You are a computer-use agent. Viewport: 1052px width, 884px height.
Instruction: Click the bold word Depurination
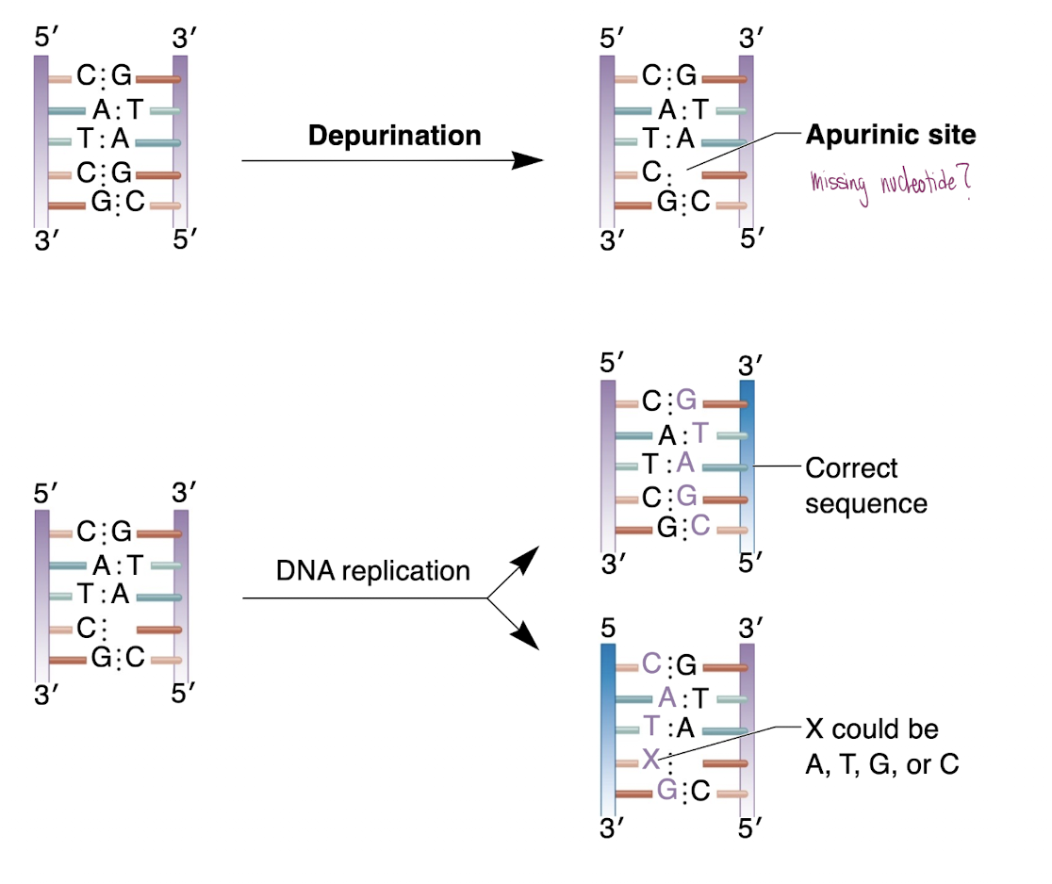pos(394,135)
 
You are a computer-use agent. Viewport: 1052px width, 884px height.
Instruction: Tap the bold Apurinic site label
pos(890,135)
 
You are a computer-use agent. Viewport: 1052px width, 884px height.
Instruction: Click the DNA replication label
pos(372,570)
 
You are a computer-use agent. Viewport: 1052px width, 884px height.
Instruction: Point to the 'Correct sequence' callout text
pos(865,485)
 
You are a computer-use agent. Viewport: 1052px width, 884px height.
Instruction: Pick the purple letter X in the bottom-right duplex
pos(650,760)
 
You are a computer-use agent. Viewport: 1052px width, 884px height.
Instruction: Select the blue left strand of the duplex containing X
pos(608,727)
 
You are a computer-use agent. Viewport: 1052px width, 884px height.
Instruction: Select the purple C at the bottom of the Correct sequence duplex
pos(699,528)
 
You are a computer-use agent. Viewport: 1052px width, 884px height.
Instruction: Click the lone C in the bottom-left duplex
pos(87,628)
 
